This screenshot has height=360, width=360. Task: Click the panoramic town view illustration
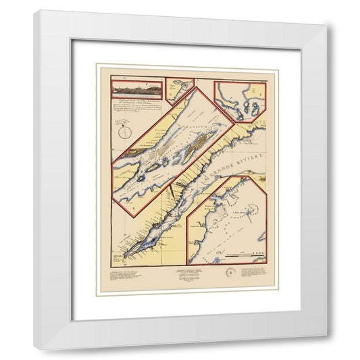click(136, 88)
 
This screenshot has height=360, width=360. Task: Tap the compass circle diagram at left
click(124, 132)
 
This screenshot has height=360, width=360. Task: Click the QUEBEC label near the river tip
click(118, 256)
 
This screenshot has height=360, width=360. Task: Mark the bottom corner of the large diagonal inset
click(145, 216)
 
